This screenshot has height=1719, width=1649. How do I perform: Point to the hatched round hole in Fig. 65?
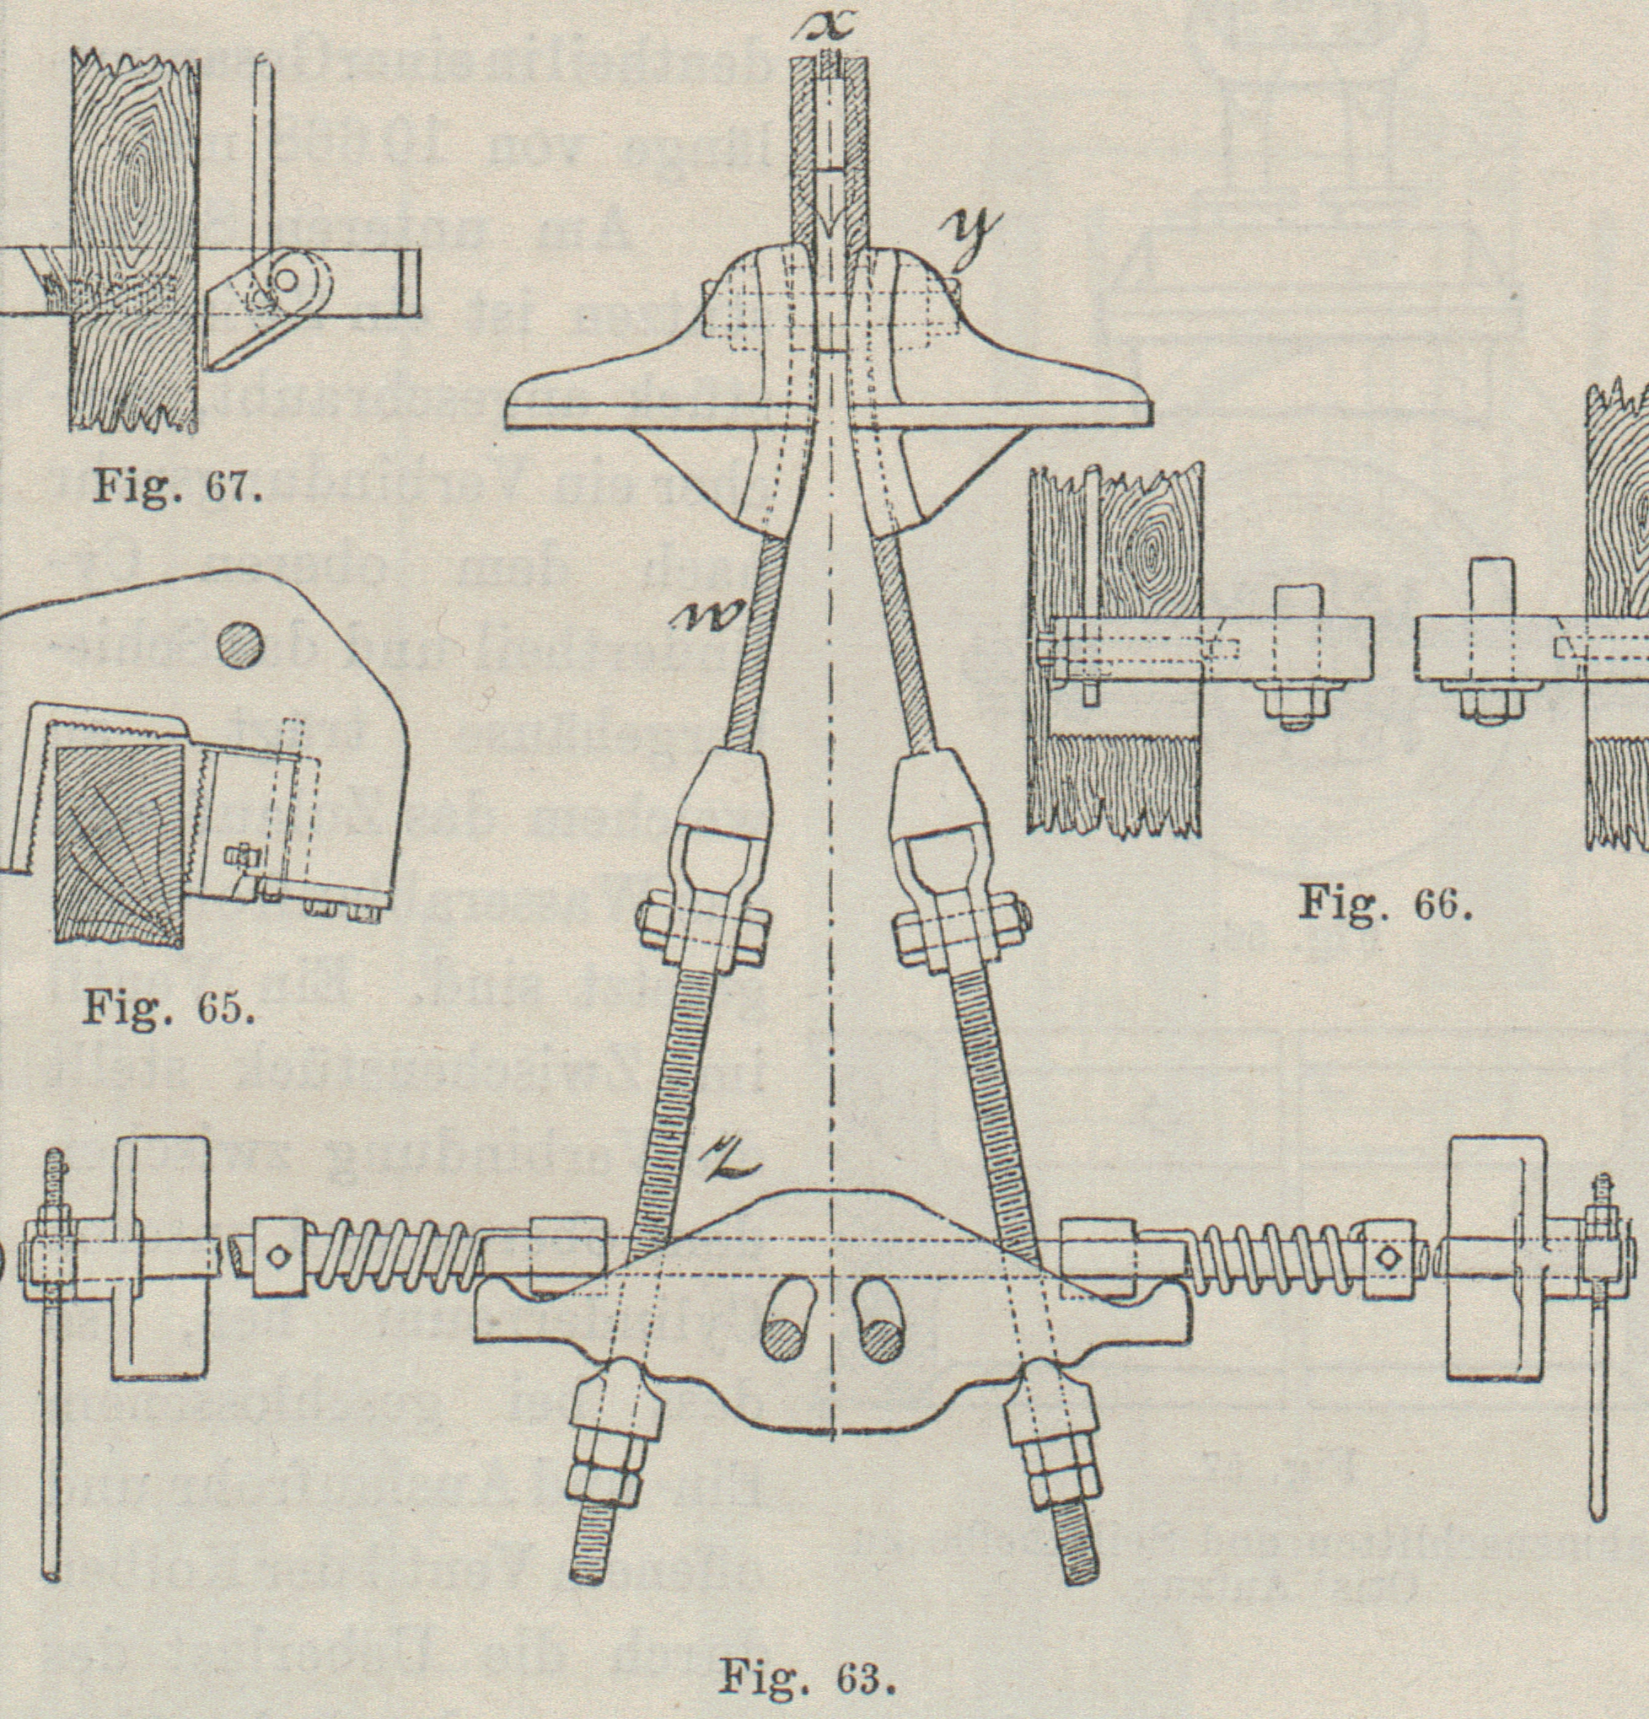pyautogui.click(x=239, y=647)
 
